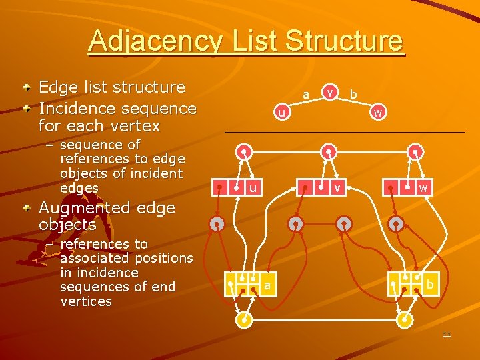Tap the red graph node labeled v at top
pyautogui.click(x=329, y=91)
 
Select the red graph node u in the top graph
pyautogui.click(x=282, y=113)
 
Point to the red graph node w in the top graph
pyautogui.click(x=377, y=113)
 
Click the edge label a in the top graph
pyautogui.click(x=305, y=95)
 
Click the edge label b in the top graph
pyautogui.click(x=353, y=95)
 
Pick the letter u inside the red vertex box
pyautogui.click(x=253, y=189)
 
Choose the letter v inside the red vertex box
pyautogui.click(x=338, y=189)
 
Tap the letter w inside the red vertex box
pyautogui.click(x=423, y=189)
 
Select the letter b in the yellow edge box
pyautogui.click(x=430, y=285)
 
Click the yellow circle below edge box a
pyautogui.click(x=245, y=320)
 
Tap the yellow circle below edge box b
pyautogui.click(x=404, y=320)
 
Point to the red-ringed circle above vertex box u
pyautogui.click(x=245, y=152)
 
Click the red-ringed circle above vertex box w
pyautogui.click(x=415, y=152)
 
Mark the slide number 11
pyautogui.click(x=447, y=334)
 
